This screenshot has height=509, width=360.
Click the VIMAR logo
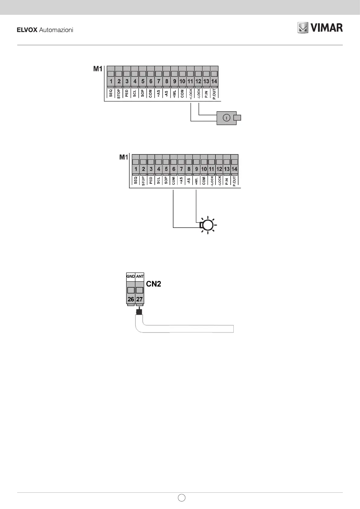320,28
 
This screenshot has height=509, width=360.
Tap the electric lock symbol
229,118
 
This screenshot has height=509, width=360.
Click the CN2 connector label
154,284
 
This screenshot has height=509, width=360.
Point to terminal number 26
131,299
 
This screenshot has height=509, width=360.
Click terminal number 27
139,299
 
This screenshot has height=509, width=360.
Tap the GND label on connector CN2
131,276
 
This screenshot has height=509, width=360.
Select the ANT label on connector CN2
140,276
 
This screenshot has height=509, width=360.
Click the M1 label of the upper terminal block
98,69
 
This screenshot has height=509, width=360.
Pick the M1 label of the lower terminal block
124,157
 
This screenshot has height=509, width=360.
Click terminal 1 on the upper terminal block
111,81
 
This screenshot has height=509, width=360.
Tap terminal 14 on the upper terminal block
214,81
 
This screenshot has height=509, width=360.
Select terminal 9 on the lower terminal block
196,169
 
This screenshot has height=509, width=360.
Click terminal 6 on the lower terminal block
174,169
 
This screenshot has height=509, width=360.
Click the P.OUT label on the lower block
235,181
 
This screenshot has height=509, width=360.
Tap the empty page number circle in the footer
181,498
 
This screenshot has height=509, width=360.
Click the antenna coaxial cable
187,329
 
